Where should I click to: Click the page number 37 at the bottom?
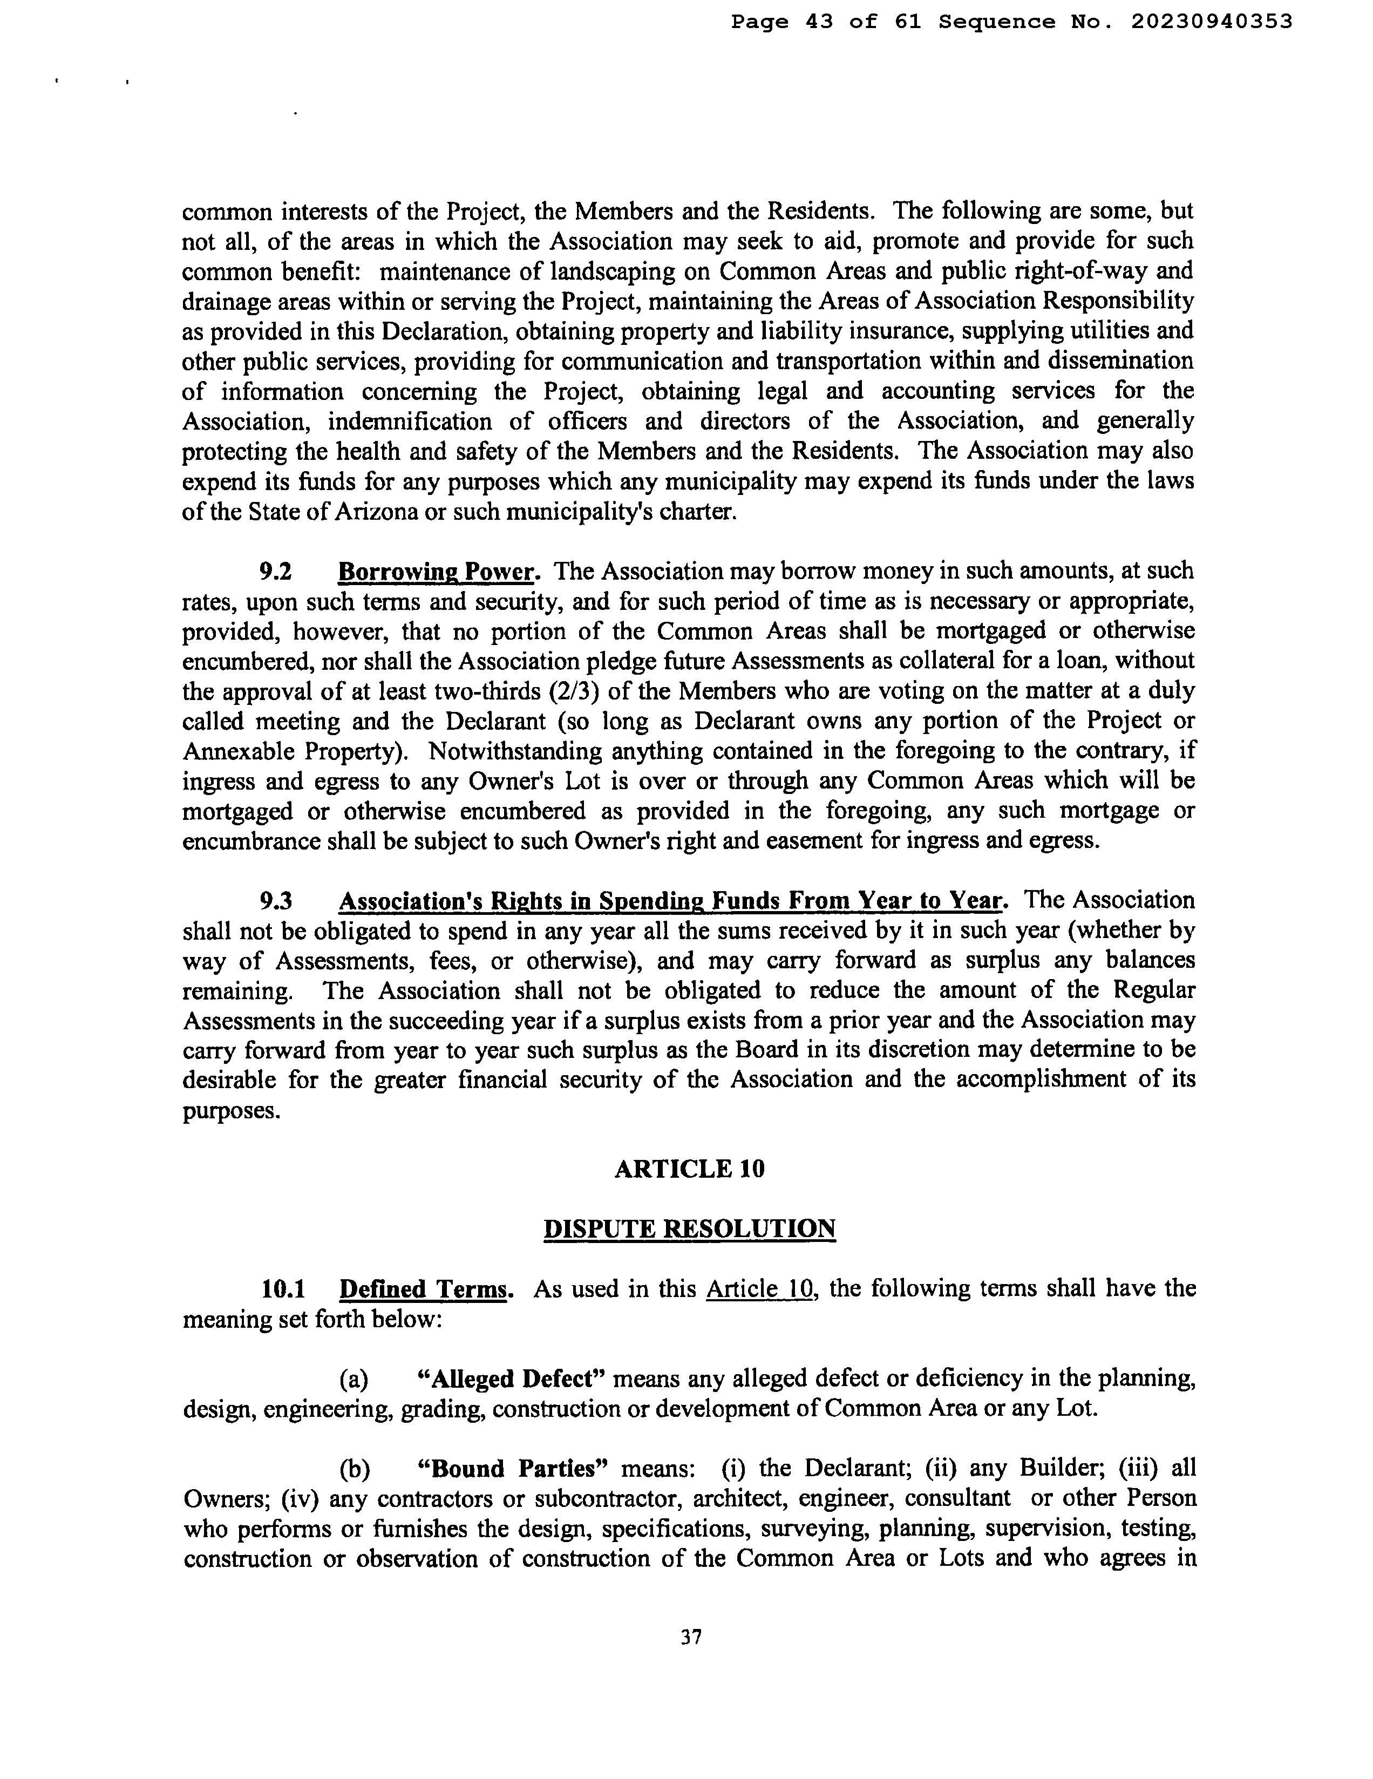pyautogui.click(x=691, y=1637)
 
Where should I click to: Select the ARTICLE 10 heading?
pyautogui.click(x=689, y=1169)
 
